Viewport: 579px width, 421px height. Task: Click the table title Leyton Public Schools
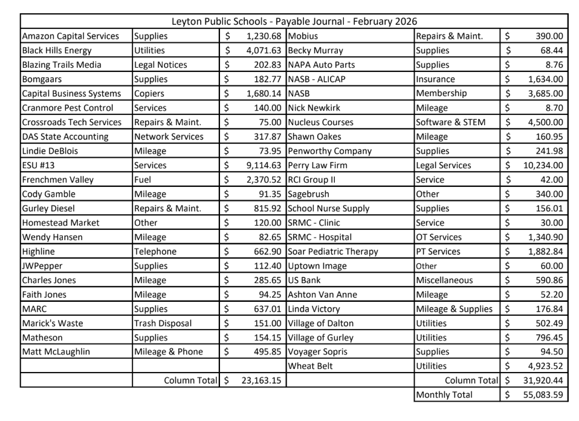coord(294,22)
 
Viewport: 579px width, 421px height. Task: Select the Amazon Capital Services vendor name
coord(71,36)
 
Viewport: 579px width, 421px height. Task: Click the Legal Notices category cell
coord(161,65)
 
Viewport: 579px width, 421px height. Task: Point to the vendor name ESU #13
coord(40,165)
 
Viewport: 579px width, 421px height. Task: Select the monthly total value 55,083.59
coord(542,394)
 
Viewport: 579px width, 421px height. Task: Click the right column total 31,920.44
coord(542,380)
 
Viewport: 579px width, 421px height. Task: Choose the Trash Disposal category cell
coord(163,323)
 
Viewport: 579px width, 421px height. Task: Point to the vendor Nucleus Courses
coord(320,122)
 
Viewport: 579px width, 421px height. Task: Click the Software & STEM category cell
coord(450,122)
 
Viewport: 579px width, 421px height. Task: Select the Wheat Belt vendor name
coord(310,366)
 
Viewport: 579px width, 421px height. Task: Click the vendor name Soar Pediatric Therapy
coord(333,252)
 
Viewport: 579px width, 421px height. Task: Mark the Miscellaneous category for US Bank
coord(445,280)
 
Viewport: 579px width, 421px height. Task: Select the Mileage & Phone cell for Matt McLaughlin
coord(169,351)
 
